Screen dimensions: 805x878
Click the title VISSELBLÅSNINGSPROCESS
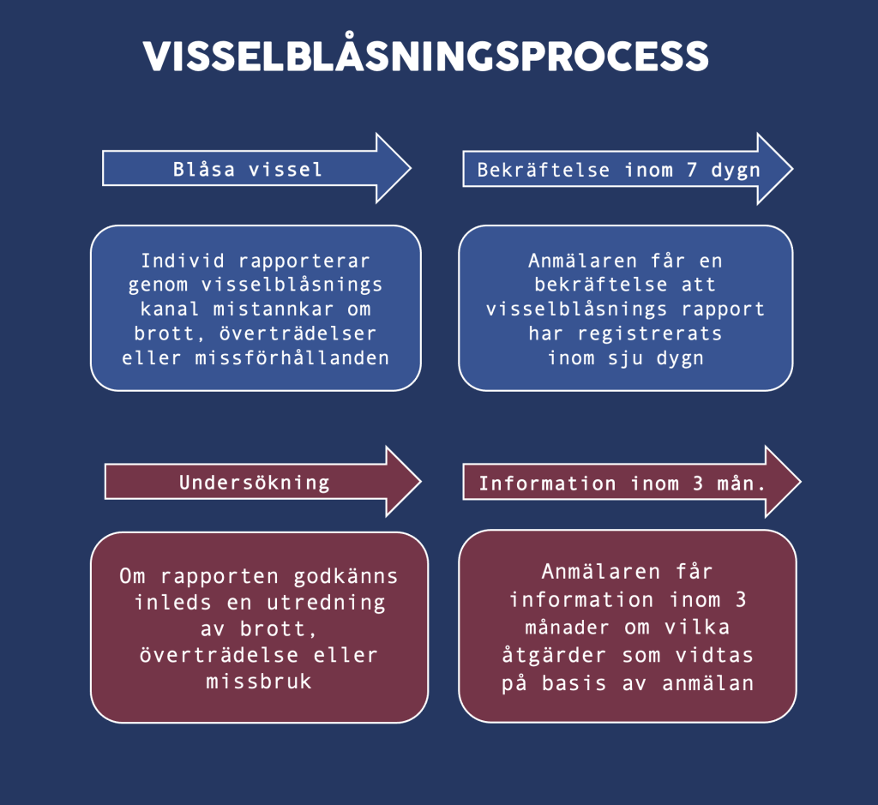(x=426, y=57)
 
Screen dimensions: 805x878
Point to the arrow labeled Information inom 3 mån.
(x=622, y=484)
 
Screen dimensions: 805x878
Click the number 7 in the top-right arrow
(x=691, y=169)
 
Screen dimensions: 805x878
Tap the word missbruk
(x=259, y=682)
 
